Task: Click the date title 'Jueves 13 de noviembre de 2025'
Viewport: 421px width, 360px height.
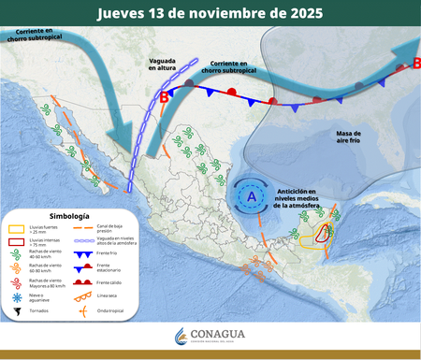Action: tap(210, 13)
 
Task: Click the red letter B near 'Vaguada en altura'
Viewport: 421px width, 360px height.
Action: tap(165, 96)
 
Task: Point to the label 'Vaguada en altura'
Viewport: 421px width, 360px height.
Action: tap(168, 64)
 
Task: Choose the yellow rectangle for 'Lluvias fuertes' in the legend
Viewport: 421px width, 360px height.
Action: tap(16, 228)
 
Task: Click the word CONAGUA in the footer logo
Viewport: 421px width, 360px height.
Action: tap(222, 334)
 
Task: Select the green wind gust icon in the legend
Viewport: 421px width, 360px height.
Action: tap(16, 254)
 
